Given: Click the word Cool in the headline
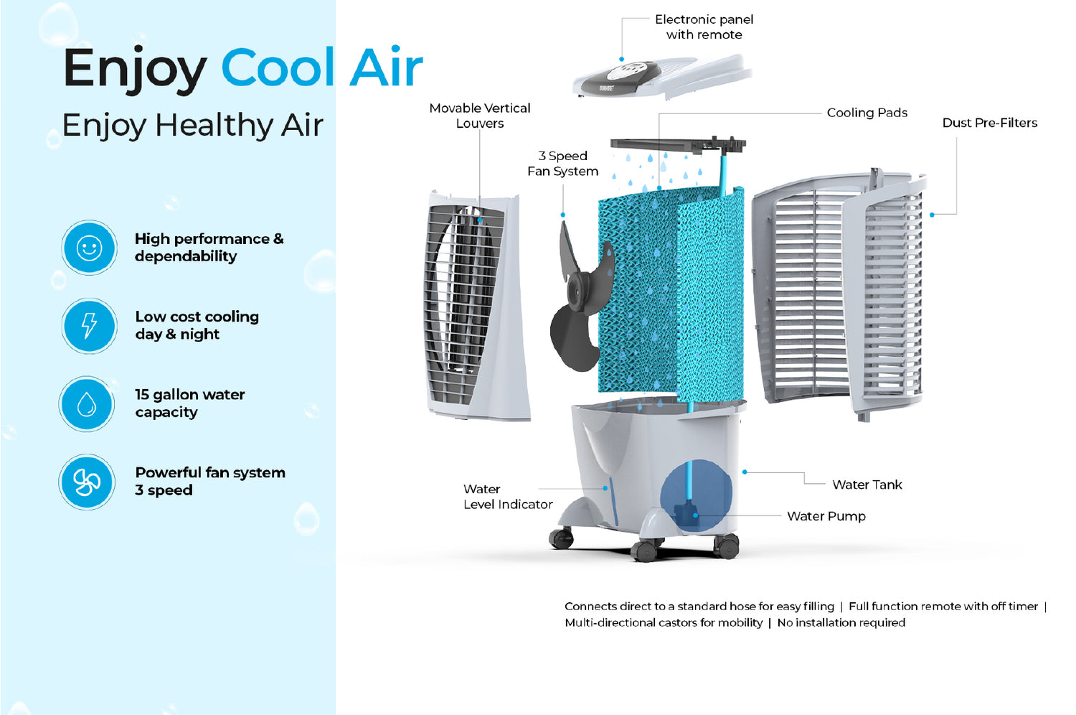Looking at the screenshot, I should click(x=277, y=68).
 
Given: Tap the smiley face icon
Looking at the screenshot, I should click(x=89, y=248).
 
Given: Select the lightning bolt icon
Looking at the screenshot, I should click(x=89, y=325).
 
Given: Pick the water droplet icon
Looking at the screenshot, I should click(x=87, y=404).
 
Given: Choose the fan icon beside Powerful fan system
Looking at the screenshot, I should click(x=87, y=482).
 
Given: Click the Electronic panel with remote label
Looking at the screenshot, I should click(x=704, y=27).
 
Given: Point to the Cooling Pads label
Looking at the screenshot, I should click(x=867, y=113).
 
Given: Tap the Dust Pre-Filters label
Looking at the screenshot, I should click(x=989, y=123).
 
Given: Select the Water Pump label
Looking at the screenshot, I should click(x=826, y=516).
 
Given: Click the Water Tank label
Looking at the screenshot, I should click(x=867, y=485).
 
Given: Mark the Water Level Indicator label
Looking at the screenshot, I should click(x=507, y=497).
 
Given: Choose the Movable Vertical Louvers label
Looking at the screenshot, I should click(x=479, y=116).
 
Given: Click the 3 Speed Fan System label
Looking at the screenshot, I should click(x=562, y=164).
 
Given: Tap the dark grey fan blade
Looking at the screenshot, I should click(x=578, y=298).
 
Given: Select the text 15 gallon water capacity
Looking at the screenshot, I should click(x=189, y=403).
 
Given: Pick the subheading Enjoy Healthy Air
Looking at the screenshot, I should click(x=192, y=125).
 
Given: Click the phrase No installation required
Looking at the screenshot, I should click(x=841, y=622).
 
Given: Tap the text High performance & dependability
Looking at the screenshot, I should click(x=209, y=248).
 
